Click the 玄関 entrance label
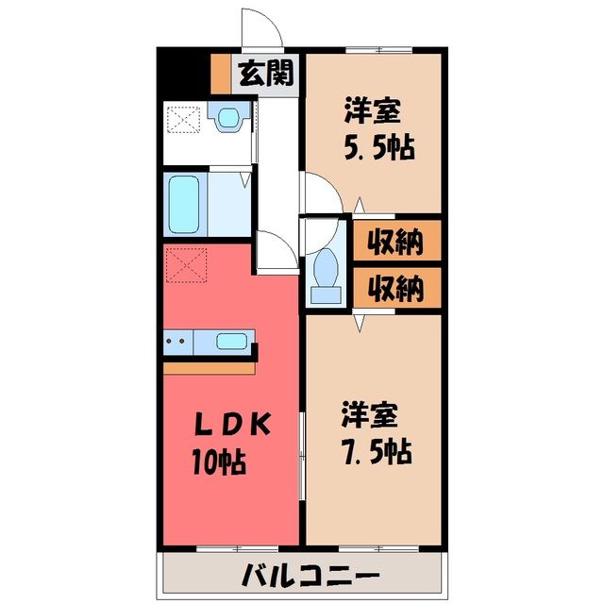coord(266,74)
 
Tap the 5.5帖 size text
coord(379,147)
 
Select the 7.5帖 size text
coord(377,451)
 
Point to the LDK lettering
coord(233,424)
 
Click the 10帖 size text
coord(219,461)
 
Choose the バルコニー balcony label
coord(311,577)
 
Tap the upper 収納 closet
coord(397,241)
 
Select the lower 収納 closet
coord(397,288)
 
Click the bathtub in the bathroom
coord(184,205)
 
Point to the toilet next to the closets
coord(326,275)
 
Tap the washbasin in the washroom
coord(229,117)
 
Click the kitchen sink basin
coord(231,342)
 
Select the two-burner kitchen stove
coord(178,342)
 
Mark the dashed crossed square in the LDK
coord(187,265)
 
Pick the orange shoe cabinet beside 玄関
coord(221,74)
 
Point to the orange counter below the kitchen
coord(209,368)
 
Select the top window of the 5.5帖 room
coord(378,50)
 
